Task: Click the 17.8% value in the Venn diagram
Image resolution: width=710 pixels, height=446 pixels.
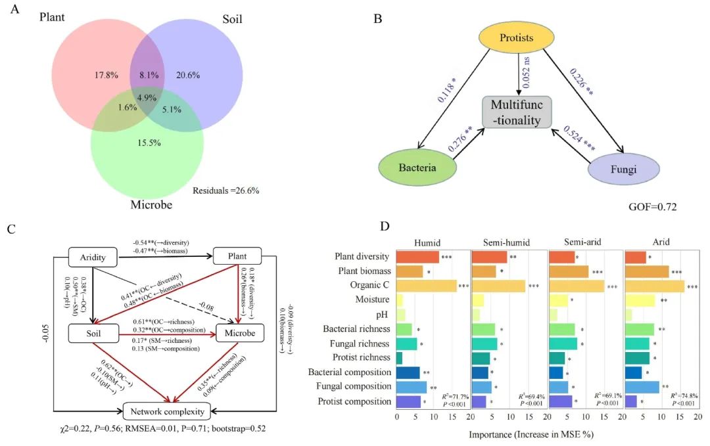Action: pyautogui.click(x=105, y=75)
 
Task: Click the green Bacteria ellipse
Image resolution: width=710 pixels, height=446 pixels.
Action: pyautogui.click(x=417, y=169)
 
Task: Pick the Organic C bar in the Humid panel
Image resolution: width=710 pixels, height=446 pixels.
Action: pyautogui.click(x=427, y=286)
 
